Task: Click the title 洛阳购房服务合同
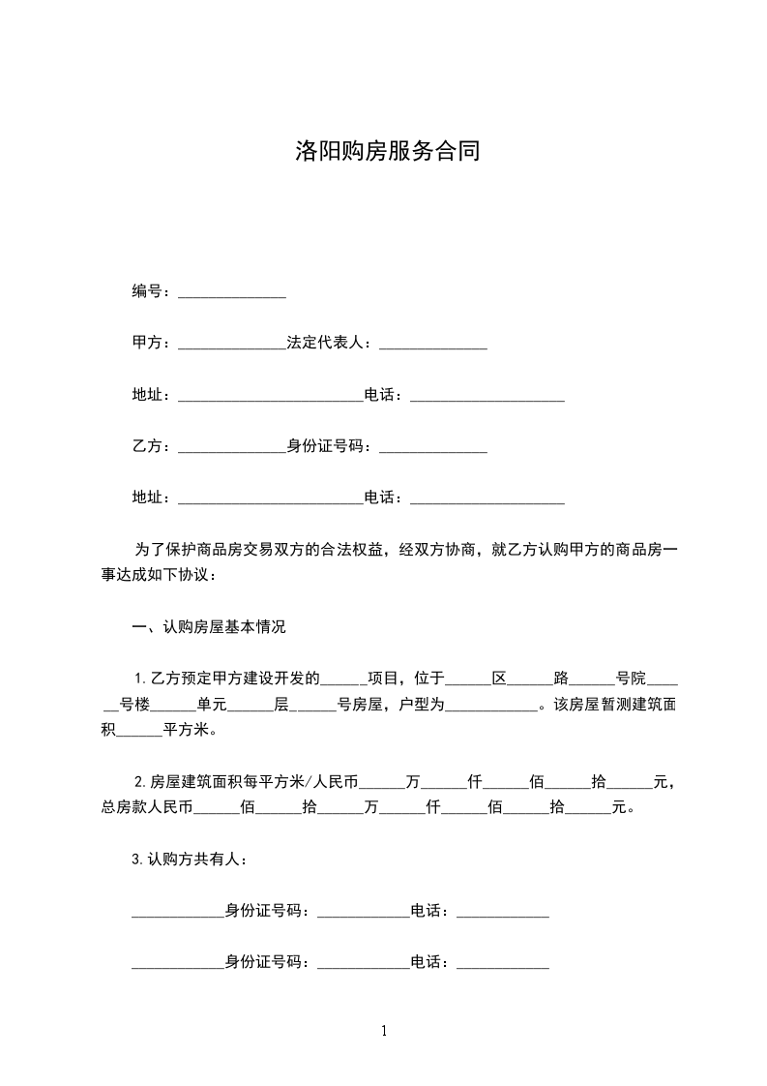tap(387, 152)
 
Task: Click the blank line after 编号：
tap(232, 292)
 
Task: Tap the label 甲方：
tap(153, 344)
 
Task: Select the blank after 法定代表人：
tap(433, 345)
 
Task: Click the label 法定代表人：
tap(333, 344)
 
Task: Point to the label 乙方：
tap(153, 447)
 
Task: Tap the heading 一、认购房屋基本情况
tap(209, 627)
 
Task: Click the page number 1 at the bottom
tap(384, 1031)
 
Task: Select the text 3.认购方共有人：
tap(194, 859)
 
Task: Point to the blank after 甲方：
tap(232, 345)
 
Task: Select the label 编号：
tap(153, 291)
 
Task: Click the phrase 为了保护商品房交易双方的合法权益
tap(261, 550)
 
